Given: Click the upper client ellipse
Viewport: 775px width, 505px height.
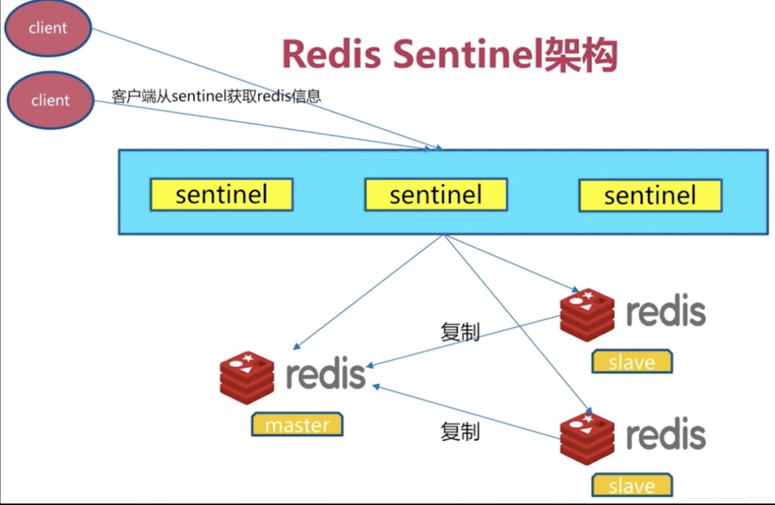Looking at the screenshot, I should click(48, 28).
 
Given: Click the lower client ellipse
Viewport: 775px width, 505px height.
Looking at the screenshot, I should click(50, 100).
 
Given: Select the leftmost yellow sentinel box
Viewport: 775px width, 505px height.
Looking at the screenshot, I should click(221, 195).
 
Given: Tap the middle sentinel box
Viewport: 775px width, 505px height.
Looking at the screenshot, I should click(436, 195).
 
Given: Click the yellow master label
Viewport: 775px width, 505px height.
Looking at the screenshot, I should click(297, 425).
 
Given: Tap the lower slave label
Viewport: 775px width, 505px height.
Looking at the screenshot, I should click(632, 485).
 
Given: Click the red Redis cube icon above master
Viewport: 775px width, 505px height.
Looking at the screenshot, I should click(247, 378).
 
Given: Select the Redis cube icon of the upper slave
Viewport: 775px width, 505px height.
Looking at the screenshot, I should click(587, 314).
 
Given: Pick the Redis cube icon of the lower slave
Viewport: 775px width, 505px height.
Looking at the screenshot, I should click(587, 438).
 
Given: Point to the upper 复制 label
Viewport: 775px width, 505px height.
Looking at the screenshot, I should click(460, 332).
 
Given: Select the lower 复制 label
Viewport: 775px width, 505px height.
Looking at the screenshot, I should click(460, 432).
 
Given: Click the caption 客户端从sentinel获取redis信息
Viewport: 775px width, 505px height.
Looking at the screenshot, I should click(216, 96).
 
